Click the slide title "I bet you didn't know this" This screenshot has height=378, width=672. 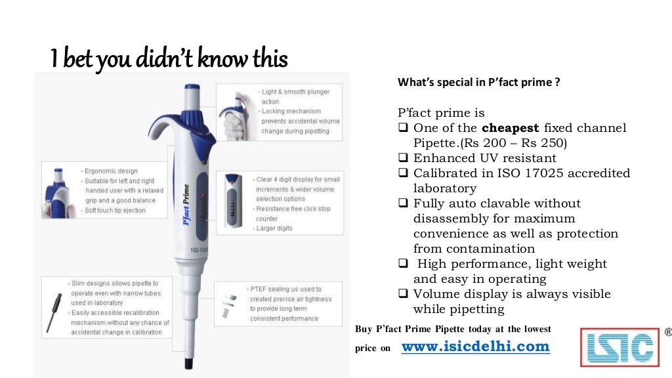169,59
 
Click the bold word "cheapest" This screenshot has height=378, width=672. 511,128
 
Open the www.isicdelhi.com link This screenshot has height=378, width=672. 475,346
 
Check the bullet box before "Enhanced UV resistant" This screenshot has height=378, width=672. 404,158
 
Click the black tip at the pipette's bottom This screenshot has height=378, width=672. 188,362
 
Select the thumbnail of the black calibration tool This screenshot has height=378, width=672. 54,306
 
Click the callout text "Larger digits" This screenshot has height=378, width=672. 274,228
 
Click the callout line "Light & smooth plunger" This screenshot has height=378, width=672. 295,92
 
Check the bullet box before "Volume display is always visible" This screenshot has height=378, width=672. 404,294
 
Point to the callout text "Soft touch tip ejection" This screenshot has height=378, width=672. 115,211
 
